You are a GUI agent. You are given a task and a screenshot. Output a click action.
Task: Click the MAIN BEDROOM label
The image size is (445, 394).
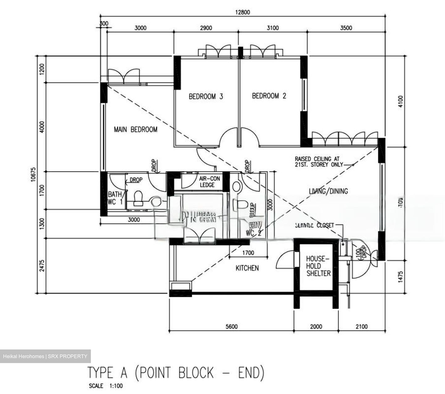[135, 129]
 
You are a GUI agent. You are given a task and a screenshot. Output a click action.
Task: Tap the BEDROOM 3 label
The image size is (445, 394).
[206, 96]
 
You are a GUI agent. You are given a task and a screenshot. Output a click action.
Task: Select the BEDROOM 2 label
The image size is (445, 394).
[269, 96]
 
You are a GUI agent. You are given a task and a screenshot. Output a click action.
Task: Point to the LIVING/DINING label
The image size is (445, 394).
[328, 191]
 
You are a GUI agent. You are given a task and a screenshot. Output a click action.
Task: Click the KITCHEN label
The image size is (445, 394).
[247, 268]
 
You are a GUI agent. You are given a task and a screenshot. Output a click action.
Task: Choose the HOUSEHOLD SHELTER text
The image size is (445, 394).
[318, 266]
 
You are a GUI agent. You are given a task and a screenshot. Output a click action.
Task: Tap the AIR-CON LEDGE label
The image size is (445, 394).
[207, 182]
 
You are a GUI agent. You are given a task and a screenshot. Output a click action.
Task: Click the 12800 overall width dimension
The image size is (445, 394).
[242, 12]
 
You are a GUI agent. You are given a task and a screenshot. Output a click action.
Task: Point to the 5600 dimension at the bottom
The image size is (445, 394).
[231, 327]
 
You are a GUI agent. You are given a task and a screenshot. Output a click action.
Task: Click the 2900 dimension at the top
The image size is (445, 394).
[206, 28]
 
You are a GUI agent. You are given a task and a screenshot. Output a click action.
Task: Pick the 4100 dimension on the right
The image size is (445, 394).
[400, 101]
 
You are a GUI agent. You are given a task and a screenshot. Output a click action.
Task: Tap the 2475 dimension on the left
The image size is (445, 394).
[42, 265]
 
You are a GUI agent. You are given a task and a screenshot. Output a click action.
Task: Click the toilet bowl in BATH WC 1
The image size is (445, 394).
[138, 198]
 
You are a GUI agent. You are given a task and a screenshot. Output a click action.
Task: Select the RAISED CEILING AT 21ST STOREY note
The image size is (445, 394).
[319, 162]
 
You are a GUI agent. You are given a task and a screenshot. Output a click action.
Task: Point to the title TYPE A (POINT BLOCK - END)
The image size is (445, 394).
[176, 372]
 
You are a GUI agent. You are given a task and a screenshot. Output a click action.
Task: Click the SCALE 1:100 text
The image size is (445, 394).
[106, 386]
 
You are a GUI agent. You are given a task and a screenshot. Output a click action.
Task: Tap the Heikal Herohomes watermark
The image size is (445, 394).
[45, 356]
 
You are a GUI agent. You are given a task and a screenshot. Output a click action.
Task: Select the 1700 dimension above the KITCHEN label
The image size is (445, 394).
[248, 253]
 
